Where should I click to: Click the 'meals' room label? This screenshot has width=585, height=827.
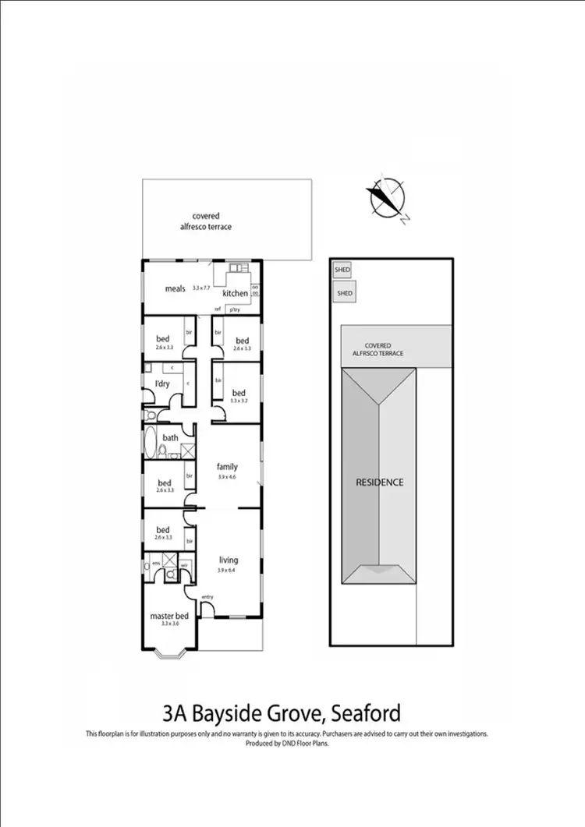(175, 289)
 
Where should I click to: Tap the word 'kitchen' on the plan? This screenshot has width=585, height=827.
(235, 294)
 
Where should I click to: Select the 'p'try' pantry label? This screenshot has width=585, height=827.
(234, 309)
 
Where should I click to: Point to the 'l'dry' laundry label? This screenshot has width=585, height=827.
(161, 384)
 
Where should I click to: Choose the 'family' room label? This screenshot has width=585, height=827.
(228, 468)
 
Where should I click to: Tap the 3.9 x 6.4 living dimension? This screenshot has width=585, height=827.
(226, 570)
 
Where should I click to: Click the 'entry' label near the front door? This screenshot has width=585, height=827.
(207, 597)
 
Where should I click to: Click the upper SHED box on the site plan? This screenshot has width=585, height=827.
(342, 270)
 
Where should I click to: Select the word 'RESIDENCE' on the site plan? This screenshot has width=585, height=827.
(380, 482)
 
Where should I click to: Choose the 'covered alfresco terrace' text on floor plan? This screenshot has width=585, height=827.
(206, 221)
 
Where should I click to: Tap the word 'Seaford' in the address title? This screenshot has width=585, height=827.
(366, 712)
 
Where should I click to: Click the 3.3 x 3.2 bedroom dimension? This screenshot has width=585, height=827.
(238, 401)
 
